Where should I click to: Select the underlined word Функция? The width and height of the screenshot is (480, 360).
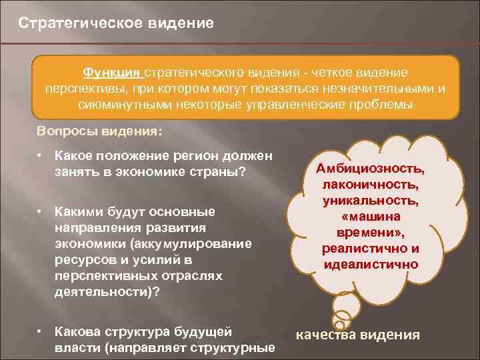[111, 72]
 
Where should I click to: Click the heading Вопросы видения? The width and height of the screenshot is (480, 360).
[99, 131]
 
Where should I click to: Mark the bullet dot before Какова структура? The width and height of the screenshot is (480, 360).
[41, 331]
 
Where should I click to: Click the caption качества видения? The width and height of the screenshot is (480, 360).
[357, 335]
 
